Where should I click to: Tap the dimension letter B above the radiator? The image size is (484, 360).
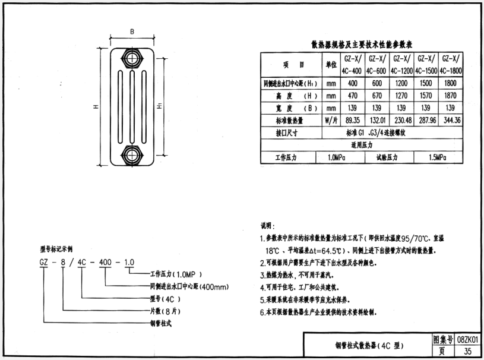pos(132,31)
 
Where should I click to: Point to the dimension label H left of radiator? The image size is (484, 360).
pos(96,108)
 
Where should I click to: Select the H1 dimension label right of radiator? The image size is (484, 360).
pos(160,108)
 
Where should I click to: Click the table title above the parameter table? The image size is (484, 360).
pos(362,45)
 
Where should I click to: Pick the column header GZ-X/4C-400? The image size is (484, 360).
pos(352,64)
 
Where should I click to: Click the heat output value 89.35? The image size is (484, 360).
pos(352,121)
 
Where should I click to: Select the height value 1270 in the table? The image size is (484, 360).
pos(401,96)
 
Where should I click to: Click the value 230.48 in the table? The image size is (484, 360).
pos(401,121)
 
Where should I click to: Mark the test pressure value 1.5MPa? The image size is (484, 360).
pos(438,158)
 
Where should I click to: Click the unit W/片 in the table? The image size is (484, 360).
pos(331,121)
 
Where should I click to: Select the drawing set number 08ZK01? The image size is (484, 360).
pos(468,339)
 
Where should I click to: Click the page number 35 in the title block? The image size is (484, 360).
pos(468,352)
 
